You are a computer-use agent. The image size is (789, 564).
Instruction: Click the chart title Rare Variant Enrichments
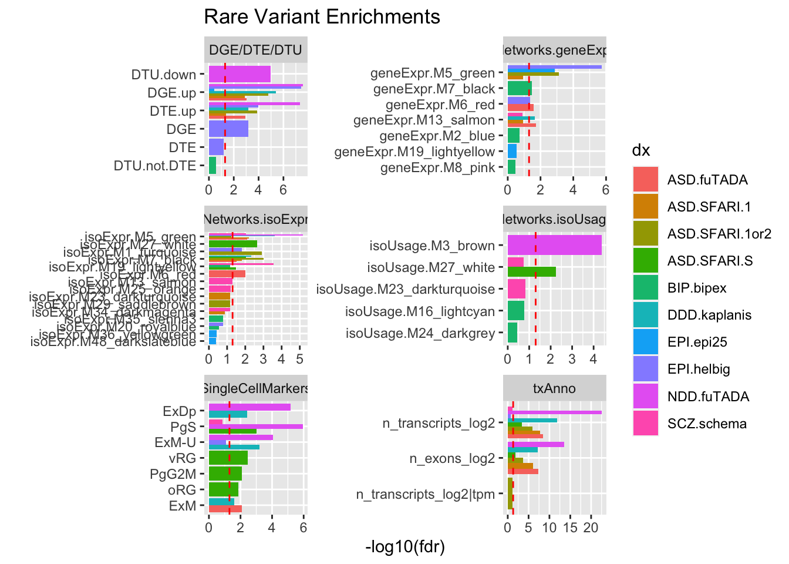(x=322, y=17)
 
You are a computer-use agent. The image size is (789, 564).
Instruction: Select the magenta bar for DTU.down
(x=240, y=74)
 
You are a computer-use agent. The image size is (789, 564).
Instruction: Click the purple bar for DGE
(x=228, y=129)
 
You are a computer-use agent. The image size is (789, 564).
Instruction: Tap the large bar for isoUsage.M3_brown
(x=554, y=245)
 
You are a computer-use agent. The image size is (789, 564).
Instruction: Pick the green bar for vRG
(x=228, y=458)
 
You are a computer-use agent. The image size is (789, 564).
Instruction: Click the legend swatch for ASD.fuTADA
(x=646, y=179)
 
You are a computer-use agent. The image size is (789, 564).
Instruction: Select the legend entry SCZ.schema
(x=707, y=424)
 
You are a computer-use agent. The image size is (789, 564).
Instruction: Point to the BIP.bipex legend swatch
(x=646, y=288)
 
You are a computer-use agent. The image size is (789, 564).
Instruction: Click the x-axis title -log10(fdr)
(x=405, y=547)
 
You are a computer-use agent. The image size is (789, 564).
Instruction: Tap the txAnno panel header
(x=554, y=388)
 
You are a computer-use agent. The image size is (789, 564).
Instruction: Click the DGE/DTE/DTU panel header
(x=255, y=50)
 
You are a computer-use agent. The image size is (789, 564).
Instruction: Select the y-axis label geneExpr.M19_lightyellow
(x=414, y=152)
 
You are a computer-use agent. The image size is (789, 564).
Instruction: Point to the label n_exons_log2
(x=452, y=458)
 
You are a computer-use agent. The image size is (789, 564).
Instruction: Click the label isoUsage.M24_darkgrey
(x=420, y=333)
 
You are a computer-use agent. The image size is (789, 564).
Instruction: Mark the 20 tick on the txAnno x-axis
(x=591, y=528)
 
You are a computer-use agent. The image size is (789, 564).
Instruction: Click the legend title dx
(x=640, y=151)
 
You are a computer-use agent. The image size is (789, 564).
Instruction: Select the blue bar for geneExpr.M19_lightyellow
(x=512, y=152)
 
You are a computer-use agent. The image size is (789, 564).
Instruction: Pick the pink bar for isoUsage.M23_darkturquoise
(x=517, y=289)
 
